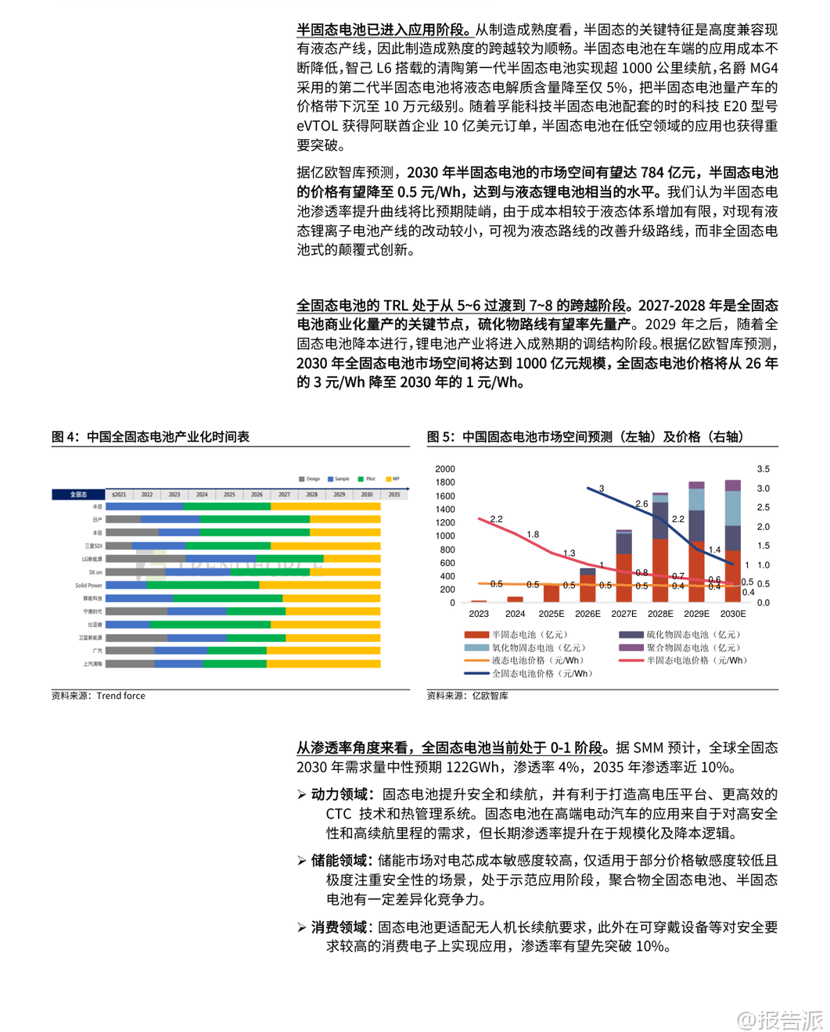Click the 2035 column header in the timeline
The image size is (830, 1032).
tap(394, 494)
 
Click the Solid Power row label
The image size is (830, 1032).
tap(88, 585)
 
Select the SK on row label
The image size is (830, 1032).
tap(95, 572)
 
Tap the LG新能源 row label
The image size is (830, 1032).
tap(92, 559)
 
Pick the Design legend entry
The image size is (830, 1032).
tap(310, 478)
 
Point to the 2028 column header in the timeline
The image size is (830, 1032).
tap(311, 494)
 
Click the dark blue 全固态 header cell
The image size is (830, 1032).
tap(78, 494)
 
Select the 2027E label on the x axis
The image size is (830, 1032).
tap(623, 614)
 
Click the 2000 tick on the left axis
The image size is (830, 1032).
tap(445, 469)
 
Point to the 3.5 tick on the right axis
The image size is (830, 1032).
tap(763, 469)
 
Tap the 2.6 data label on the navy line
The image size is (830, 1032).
tap(641, 504)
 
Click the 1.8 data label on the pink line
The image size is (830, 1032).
tap(533, 535)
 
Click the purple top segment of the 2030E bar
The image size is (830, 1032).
tap(733, 486)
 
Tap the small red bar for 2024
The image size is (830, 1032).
tap(515, 600)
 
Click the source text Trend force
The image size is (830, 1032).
tap(120, 696)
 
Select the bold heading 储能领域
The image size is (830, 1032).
tap(339, 861)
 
